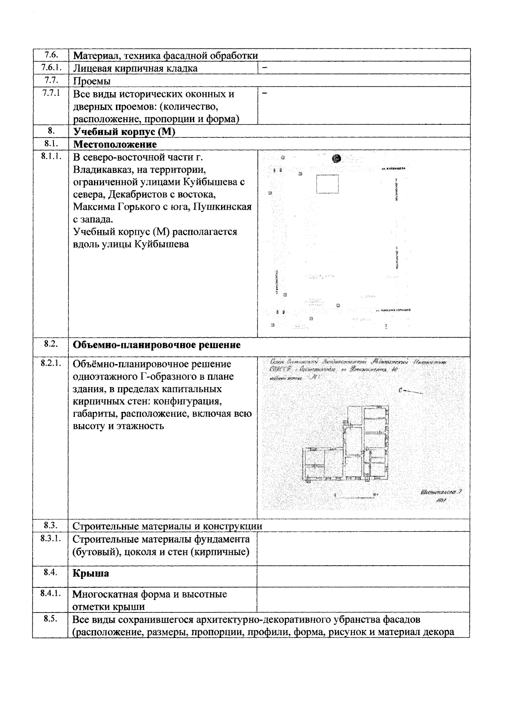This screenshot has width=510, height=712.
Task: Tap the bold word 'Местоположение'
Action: (115, 144)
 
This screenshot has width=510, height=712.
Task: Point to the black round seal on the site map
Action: (337, 159)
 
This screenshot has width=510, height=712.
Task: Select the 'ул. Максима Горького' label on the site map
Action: (393, 310)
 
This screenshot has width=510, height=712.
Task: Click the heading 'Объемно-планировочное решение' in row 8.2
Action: (157, 345)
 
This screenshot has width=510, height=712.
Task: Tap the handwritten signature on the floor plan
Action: (441, 492)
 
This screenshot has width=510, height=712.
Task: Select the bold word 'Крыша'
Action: (91, 573)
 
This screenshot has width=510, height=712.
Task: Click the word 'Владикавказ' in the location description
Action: (104, 170)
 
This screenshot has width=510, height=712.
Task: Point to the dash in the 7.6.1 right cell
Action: (264, 67)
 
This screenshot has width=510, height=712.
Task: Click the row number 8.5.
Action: (51, 618)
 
